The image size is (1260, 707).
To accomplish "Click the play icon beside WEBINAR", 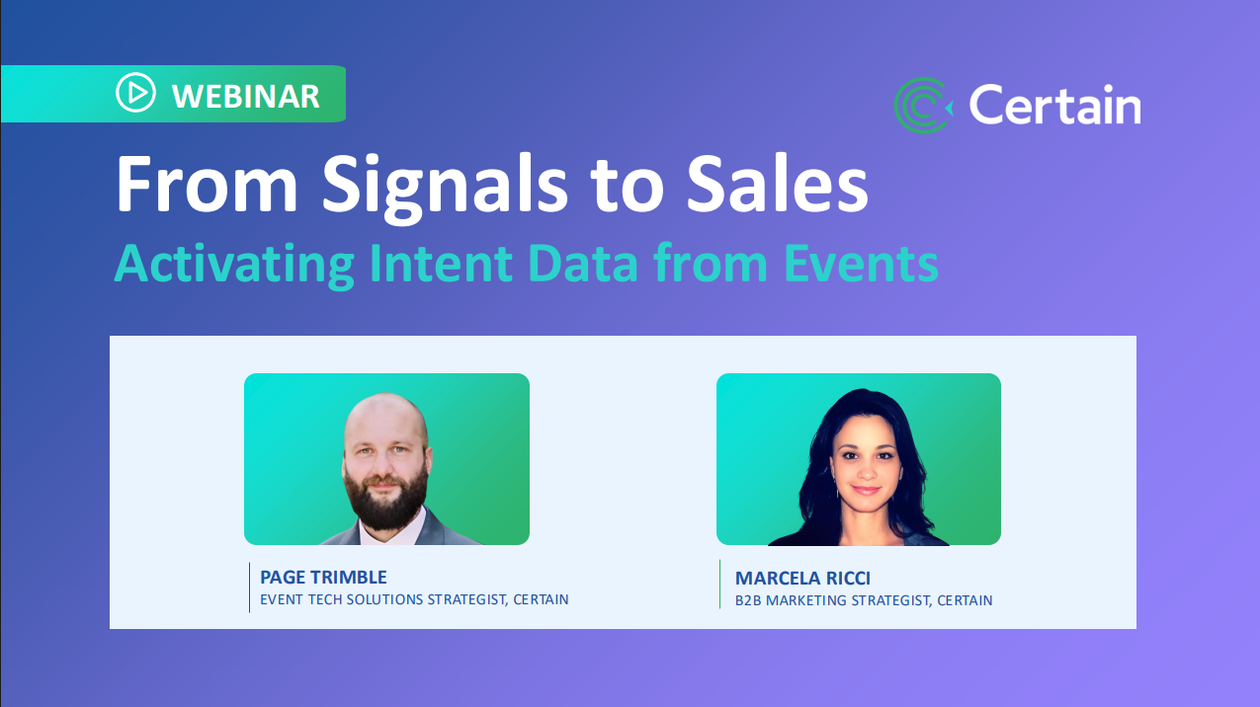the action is (x=135, y=93).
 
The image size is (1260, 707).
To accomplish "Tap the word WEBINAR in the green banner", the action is (x=246, y=97).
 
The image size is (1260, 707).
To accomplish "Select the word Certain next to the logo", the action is (x=1054, y=105).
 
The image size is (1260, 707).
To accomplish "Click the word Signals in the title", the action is (x=445, y=187).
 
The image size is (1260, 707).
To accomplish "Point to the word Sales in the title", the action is (x=778, y=185).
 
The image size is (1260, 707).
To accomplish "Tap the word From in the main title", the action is (x=207, y=185).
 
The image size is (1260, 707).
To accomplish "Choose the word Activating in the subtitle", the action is (x=234, y=265).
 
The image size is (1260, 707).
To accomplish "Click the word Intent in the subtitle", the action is (x=441, y=263).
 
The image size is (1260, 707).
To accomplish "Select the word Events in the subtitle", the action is (x=861, y=263).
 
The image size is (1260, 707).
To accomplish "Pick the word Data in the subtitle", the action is (x=583, y=263).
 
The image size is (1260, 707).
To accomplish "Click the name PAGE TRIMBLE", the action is (x=323, y=578).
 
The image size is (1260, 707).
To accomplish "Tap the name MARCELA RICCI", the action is (x=802, y=579).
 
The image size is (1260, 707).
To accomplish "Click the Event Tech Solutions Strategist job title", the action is (x=414, y=599).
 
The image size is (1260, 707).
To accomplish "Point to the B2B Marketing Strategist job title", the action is (x=864, y=600).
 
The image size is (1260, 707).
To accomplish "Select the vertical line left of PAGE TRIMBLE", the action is (x=249, y=588).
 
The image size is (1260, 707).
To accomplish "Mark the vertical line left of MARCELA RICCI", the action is (x=720, y=584).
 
